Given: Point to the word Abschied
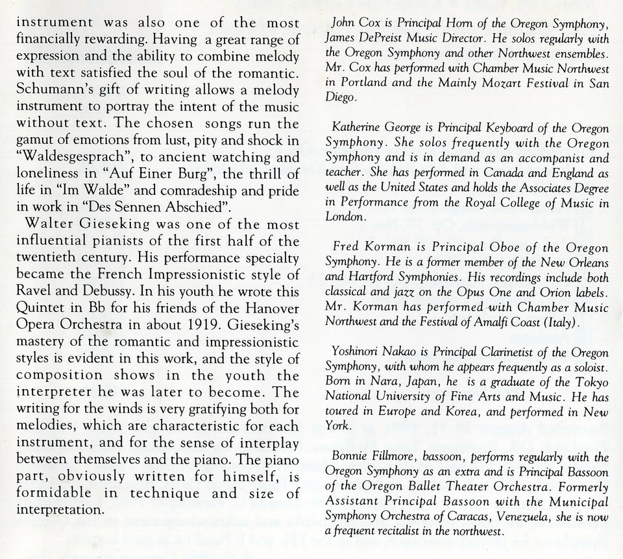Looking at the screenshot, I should click(197, 208).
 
